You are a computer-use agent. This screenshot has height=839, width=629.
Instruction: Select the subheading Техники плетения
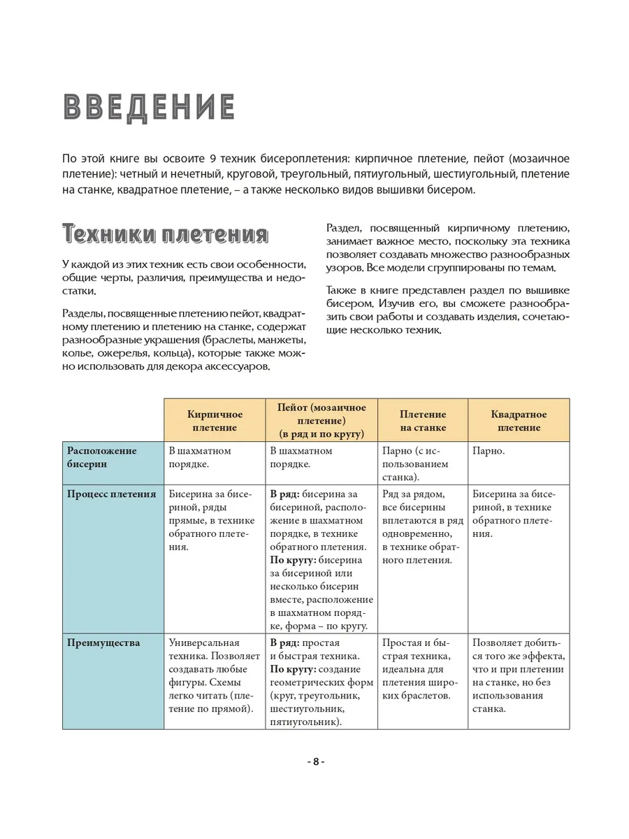tap(165, 234)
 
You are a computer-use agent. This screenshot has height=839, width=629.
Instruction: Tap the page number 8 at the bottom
tap(315, 761)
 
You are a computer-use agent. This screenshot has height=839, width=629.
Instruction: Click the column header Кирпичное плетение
tap(214, 421)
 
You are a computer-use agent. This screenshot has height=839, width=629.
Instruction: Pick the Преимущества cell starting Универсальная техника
tap(213, 675)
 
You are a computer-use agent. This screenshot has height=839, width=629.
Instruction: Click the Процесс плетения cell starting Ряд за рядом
tap(423, 526)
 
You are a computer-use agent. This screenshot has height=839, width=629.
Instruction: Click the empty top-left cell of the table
tap(113, 420)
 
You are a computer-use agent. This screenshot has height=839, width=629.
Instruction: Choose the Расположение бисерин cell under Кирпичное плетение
tap(200, 457)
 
